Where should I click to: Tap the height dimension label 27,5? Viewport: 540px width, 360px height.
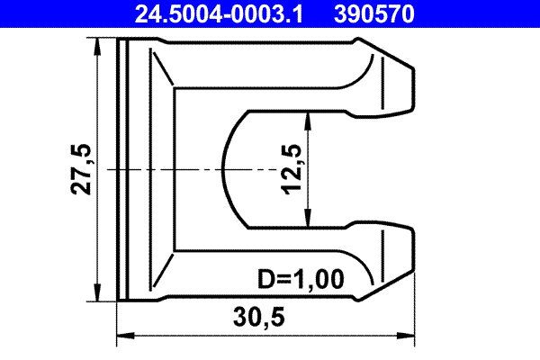coord(82,169)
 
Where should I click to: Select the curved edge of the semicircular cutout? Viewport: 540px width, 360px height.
coord(222,169)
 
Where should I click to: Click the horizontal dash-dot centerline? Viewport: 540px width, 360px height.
coord(162,169)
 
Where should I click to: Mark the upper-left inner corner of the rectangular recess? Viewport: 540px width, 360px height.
coord(175,89)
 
